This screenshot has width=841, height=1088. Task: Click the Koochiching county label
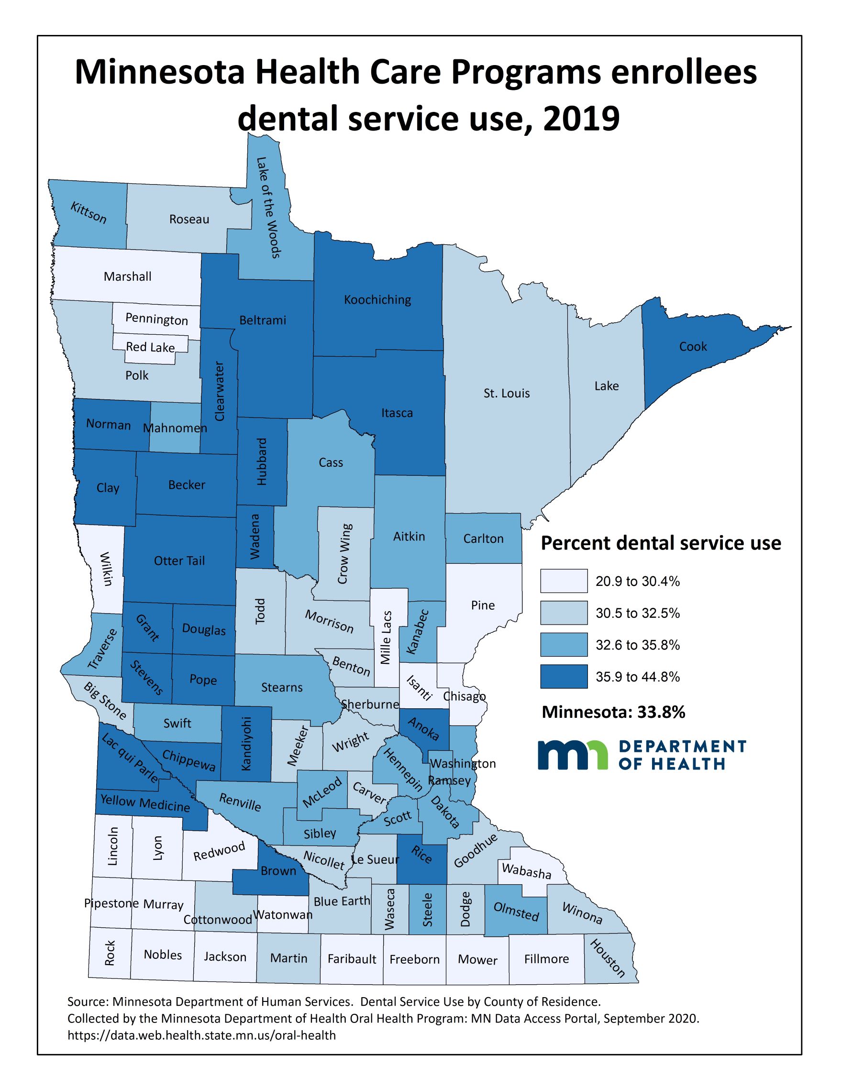click(x=377, y=300)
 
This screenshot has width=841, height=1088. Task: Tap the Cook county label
click(x=693, y=347)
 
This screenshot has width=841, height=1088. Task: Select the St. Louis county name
click(x=506, y=394)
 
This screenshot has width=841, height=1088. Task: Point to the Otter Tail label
click(x=179, y=561)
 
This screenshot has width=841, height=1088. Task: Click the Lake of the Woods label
click(x=269, y=207)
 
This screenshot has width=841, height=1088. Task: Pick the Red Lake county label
click(x=150, y=347)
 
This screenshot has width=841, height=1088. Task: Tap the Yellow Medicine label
click(x=145, y=803)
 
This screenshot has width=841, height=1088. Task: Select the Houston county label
click(x=608, y=958)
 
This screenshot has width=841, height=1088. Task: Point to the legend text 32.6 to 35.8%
click(x=637, y=645)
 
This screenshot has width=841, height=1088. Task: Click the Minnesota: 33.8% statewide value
click(x=613, y=713)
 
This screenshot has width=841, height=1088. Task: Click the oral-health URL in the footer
click(x=201, y=1035)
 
